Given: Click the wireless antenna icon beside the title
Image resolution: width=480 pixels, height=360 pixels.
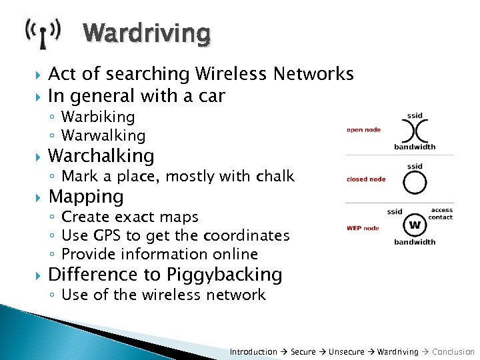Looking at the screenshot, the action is pyautogui.click(x=43, y=33).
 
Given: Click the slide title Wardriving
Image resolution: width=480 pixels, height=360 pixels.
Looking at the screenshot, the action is pyautogui.click(x=147, y=33).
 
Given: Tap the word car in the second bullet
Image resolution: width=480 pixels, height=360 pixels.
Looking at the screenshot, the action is pyautogui.click(x=213, y=96).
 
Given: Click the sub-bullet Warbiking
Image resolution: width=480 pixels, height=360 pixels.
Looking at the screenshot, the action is pyautogui.click(x=98, y=117).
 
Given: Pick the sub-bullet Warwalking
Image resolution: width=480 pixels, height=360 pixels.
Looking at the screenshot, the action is pyautogui.click(x=103, y=135).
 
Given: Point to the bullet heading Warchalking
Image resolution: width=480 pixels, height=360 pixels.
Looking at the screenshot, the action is pyautogui.click(x=101, y=156).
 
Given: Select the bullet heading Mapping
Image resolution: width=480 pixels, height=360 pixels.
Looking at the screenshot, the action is pyautogui.click(x=86, y=197).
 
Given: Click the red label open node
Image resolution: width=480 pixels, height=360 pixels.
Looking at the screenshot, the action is pyautogui.click(x=363, y=129).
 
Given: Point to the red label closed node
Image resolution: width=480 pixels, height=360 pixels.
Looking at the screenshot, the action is pyautogui.click(x=366, y=179).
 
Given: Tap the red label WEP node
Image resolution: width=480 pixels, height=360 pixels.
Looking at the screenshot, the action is pyautogui.click(x=363, y=228).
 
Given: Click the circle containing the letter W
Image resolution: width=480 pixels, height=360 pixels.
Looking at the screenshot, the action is pyautogui.click(x=415, y=225).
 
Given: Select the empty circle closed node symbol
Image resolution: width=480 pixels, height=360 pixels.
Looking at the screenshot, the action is pyautogui.click(x=415, y=181).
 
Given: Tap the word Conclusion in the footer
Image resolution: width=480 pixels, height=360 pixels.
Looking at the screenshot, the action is pyautogui.click(x=453, y=351).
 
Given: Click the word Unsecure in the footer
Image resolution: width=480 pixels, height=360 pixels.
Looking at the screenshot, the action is pyautogui.click(x=346, y=351).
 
